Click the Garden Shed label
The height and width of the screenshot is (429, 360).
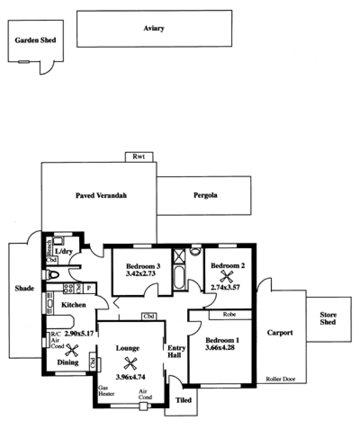pos(36,40)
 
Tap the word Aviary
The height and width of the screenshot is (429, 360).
pos(154,28)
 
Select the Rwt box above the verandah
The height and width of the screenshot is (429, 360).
pos(139,156)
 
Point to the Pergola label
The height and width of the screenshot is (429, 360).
pos(205,196)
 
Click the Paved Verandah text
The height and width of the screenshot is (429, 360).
pos(101,196)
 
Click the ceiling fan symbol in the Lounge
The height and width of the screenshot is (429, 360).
pos(130,362)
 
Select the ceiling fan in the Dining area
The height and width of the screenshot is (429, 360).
pos(72,349)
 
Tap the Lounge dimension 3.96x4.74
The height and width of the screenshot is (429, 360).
pos(130,377)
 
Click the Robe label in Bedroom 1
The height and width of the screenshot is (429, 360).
pos(229,315)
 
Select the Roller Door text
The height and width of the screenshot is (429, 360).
pos(279,379)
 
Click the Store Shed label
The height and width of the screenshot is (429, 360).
pos(328,318)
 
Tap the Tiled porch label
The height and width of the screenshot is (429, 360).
pos(183,400)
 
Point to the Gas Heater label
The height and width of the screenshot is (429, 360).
pos(106,390)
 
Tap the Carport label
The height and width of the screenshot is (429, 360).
pos(280,333)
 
